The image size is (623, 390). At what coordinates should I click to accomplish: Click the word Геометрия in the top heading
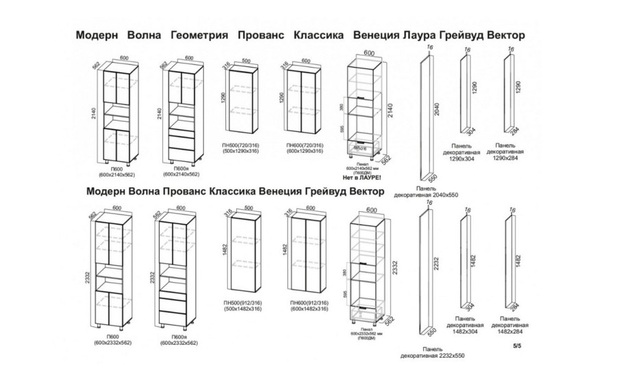pyautogui.click(x=199, y=34)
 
